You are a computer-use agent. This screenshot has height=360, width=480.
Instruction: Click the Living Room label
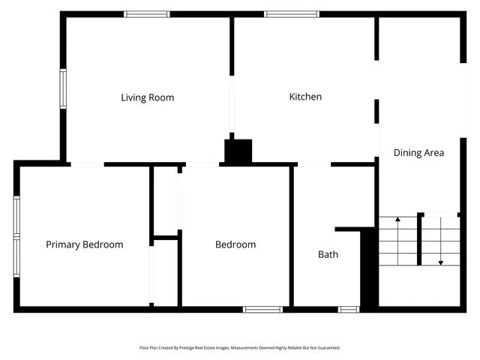(x=148, y=97)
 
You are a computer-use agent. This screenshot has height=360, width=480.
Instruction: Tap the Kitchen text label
(x=306, y=97)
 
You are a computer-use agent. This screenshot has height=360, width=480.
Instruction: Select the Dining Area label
(x=418, y=153)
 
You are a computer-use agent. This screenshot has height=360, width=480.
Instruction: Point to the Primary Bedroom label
(x=84, y=244)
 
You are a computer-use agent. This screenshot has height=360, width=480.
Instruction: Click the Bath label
(x=328, y=254)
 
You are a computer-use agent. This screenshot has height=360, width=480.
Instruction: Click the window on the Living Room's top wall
(x=147, y=13)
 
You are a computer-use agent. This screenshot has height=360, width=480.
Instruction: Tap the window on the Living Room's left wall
(x=63, y=89)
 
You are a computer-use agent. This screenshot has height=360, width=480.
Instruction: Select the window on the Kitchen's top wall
(x=292, y=13)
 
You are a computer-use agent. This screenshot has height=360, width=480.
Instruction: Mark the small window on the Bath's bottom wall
(x=348, y=309)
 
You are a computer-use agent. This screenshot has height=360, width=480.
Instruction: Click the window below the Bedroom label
(x=262, y=309)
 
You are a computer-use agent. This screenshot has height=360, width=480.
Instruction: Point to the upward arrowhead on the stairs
(x=397, y=220)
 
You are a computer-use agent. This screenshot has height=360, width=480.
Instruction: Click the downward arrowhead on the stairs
(x=440, y=262)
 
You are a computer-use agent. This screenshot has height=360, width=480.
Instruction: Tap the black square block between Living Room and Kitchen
(x=239, y=151)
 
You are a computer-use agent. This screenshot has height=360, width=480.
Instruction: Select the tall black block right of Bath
(x=369, y=268)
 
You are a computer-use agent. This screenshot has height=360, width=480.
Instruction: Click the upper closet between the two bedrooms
(x=166, y=200)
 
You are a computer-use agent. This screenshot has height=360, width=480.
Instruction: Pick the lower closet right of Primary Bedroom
(x=166, y=273)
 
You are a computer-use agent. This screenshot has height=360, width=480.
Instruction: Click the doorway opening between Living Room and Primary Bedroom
(x=87, y=164)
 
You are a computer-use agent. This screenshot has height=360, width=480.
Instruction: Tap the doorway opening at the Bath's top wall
(x=314, y=164)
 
